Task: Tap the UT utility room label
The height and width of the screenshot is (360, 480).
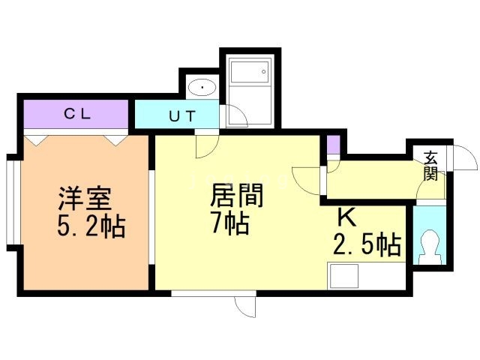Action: pyautogui.click(x=181, y=117)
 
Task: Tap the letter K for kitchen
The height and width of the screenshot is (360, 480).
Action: pyautogui.click(x=346, y=217)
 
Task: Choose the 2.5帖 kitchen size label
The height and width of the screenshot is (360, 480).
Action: pyautogui.click(x=366, y=244)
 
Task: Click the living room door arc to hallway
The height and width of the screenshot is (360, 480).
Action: pyautogui.click(x=307, y=178)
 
